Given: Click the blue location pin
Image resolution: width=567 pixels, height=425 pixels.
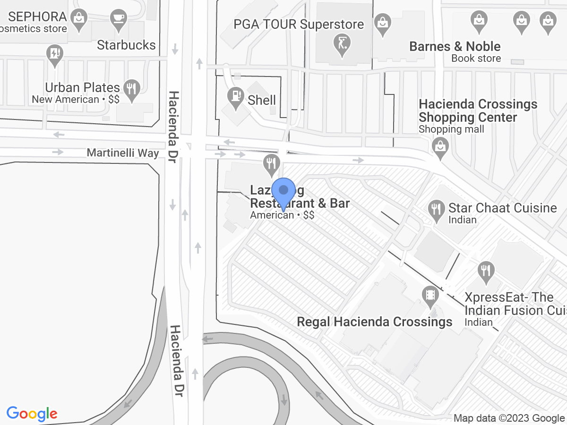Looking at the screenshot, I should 283,192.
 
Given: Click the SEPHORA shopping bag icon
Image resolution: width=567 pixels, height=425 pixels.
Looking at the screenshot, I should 78,19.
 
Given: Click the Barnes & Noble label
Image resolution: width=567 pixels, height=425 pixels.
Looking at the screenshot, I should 455,46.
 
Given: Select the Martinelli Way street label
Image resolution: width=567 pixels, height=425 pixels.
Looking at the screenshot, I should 123,153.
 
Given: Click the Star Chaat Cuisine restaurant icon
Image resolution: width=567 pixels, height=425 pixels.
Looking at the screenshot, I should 435,209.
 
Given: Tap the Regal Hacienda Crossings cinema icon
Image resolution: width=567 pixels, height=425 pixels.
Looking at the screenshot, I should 430,295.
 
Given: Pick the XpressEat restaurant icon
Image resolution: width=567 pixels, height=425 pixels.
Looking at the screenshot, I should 485,271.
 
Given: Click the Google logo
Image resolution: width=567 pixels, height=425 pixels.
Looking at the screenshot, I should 32,414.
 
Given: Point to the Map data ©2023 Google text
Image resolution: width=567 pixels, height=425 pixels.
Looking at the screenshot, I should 509,418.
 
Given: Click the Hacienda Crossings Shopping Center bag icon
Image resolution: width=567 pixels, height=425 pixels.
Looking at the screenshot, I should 440,146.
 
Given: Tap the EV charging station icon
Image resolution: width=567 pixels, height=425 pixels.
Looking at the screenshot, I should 55,53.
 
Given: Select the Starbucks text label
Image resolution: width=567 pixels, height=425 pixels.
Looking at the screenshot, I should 126,45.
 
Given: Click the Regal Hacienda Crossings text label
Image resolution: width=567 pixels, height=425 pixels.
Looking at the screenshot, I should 374,322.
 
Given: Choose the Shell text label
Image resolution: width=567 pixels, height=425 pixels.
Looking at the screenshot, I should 262,100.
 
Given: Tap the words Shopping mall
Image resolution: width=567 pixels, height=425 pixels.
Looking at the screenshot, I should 451,129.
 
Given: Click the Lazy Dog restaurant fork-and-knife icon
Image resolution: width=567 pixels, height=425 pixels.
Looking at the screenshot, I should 271,164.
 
